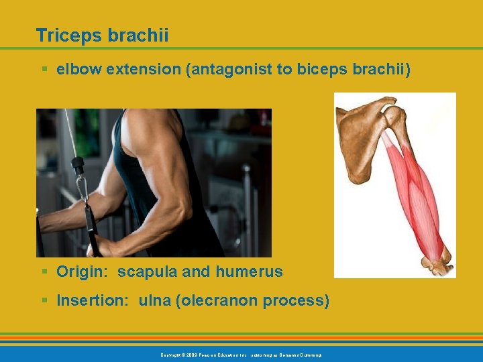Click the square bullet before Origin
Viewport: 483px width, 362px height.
(44, 271)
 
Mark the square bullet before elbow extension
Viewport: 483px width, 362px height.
(44, 69)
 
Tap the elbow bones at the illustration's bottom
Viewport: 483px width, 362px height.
(436, 261)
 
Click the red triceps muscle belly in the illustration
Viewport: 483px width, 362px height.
(413, 194)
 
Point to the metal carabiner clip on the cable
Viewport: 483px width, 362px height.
(83, 188)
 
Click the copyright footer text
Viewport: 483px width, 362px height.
(241, 354)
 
